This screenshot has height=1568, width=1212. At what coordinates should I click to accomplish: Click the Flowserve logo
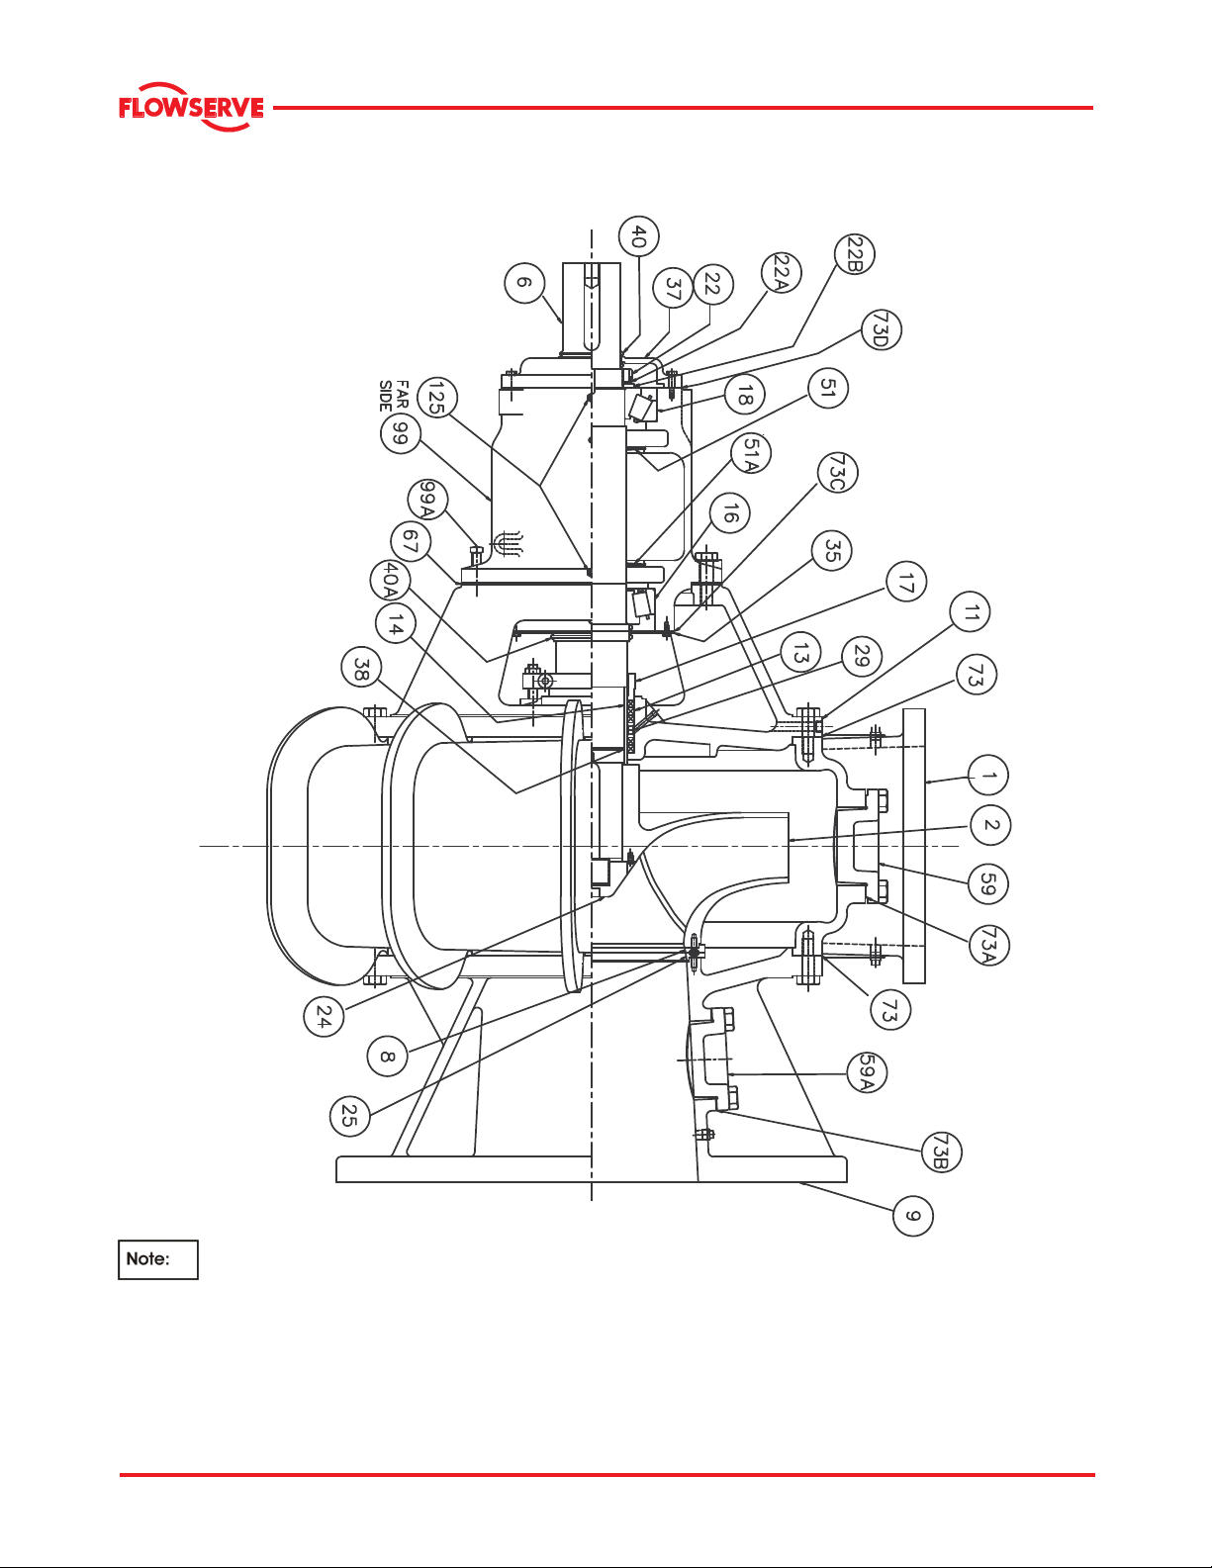click(x=191, y=107)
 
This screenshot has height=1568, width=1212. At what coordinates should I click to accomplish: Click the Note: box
click(x=158, y=1259)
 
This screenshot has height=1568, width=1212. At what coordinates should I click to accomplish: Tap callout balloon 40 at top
click(x=638, y=236)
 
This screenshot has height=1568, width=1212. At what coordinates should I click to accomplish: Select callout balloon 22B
click(x=854, y=254)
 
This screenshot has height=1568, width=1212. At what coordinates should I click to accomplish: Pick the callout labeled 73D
click(x=881, y=329)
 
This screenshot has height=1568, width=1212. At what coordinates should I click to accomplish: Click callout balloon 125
click(x=437, y=397)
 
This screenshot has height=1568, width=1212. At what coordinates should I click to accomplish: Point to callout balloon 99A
click(x=427, y=500)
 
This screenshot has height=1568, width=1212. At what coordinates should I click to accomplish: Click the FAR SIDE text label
click(x=395, y=396)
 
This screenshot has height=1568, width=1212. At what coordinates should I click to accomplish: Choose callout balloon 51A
click(x=750, y=454)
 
